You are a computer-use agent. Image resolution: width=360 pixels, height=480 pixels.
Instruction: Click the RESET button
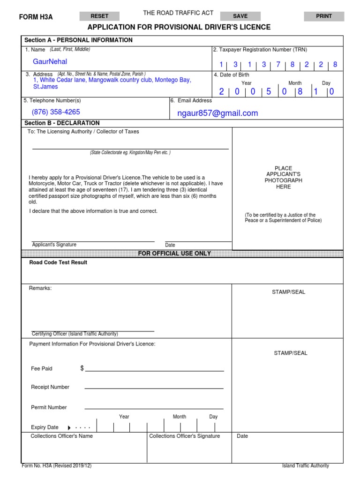click(99, 16)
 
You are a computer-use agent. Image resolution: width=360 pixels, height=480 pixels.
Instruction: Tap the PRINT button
click(324, 16)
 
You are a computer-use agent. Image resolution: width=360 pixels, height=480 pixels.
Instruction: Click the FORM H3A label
click(36, 17)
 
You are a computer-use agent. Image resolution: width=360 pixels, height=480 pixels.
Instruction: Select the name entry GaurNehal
click(50, 62)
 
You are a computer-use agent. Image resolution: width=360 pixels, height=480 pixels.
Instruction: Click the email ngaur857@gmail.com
click(217, 113)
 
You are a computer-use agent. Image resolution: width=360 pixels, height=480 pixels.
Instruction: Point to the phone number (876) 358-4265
click(56, 112)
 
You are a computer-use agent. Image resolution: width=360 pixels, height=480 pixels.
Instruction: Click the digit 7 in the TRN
click(278, 65)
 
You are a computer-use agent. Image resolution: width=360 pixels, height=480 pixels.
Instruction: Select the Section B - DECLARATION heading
click(62, 123)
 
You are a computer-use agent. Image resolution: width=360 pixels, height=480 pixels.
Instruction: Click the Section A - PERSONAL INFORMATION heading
click(78, 40)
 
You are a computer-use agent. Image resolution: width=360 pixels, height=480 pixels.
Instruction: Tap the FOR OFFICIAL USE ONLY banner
click(174, 254)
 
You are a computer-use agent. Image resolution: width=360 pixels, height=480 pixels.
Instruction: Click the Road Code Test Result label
click(58, 262)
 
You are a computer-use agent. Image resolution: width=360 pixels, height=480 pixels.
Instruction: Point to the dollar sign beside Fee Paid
click(82, 368)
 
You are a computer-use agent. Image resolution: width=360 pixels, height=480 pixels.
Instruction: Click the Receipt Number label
click(50, 387)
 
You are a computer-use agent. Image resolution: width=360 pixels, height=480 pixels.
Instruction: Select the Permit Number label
click(49, 407)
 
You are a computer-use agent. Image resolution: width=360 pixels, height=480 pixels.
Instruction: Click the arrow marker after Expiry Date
click(69, 428)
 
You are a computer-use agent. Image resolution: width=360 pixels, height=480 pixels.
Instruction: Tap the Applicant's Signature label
click(54, 245)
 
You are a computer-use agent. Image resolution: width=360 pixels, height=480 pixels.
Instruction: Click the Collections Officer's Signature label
click(184, 436)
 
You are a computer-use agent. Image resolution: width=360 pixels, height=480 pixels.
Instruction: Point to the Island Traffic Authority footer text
click(305, 466)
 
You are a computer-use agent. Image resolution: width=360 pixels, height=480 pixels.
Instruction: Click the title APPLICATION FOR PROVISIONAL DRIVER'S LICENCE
click(179, 27)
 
